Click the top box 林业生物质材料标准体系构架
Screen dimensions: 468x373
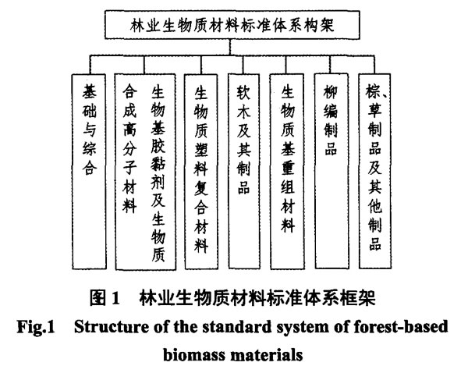click(232, 25)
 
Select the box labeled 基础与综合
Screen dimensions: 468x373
click(89, 172)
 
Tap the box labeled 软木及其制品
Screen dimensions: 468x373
click(244, 171)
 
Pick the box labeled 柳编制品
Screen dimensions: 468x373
click(331, 171)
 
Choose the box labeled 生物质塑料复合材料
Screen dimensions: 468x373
click(201, 172)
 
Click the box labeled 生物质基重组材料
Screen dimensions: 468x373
click(287, 172)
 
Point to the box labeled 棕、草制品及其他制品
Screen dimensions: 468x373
click(375, 171)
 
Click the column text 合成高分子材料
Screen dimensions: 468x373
click(129, 149)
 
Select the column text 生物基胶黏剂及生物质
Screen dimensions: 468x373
click(158, 173)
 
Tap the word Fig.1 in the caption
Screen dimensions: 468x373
click(36, 326)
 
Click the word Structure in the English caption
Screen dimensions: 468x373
click(112, 326)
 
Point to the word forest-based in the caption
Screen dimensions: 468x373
click(401, 326)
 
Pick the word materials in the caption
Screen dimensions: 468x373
click(267, 355)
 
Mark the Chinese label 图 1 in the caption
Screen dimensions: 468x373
click(105, 298)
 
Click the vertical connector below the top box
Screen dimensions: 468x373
click(230, 47)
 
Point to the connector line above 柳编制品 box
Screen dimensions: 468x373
click(331, 65)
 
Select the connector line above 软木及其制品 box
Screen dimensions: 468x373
click(243, 65)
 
